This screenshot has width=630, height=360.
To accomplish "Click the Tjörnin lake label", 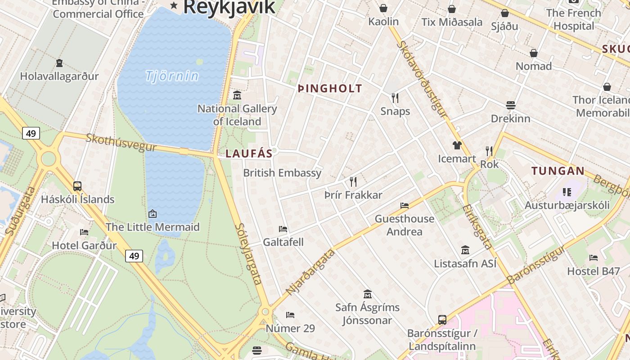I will coord(172,76).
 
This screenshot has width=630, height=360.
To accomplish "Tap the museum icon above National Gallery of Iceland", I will coord(237,95).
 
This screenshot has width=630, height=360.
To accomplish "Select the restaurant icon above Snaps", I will coord(395,98).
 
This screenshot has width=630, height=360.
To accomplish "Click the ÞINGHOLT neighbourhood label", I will coord(330,89).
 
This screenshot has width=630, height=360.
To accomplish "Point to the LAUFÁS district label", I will coord(249,153).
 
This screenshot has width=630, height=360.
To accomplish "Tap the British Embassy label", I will coord(282,173).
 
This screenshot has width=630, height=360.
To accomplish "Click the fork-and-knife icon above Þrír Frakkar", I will coord(353,182).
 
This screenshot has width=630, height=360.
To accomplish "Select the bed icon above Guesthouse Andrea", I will coord(405,206).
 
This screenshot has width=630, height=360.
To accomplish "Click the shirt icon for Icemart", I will coord(457,145).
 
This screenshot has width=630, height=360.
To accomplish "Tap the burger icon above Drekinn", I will coord(510,105).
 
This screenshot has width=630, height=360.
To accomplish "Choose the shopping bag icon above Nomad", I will coord(534,53).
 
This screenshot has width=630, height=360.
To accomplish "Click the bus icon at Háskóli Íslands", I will coord(77,186).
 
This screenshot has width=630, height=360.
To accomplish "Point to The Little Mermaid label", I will coord(152,227).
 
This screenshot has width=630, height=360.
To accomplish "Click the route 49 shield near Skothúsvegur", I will coord(31,133).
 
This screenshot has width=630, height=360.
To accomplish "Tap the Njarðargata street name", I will coord(311,272).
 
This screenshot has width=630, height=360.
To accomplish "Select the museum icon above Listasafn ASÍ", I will coord(465,250).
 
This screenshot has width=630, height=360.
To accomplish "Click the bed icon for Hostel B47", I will coord(594,258).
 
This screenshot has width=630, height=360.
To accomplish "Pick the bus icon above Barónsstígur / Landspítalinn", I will coord(442,320).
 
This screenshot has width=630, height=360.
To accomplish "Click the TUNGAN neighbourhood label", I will coord(558,171).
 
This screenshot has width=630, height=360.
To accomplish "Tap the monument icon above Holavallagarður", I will coord(59,63).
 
